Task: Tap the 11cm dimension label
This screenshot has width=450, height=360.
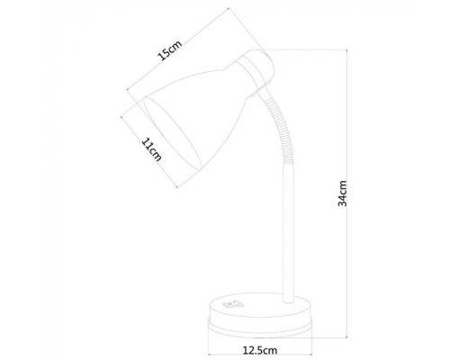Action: coord(150,150)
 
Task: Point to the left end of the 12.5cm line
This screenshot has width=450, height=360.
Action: coord(206,338)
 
